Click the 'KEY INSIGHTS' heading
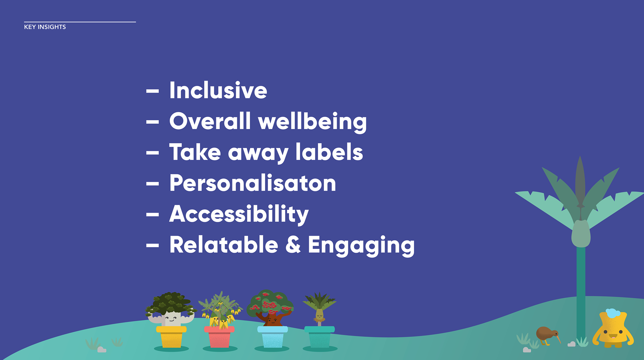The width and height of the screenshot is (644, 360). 45,27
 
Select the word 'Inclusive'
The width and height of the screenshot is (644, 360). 218,91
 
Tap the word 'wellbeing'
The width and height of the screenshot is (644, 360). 312,121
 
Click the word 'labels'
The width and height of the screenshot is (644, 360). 329,152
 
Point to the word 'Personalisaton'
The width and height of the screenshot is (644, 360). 253,183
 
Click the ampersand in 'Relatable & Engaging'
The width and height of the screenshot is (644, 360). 293,244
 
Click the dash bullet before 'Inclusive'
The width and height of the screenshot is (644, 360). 153,91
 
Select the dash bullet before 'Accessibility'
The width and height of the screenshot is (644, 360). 153,214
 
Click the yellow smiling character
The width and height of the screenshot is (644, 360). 613,329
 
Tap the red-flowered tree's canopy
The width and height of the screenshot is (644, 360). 270,303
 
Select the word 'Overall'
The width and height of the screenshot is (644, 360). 210,121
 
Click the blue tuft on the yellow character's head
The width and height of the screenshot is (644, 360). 613,313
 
